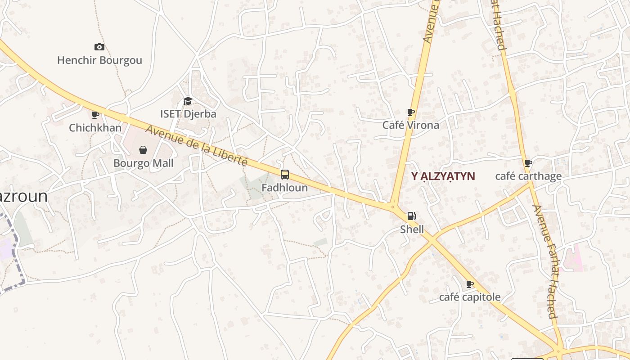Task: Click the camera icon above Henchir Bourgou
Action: [99, 47]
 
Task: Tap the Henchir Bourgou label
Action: [99, 60]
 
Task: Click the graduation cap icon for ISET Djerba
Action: [188, 101]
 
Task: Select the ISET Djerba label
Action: [188, 114]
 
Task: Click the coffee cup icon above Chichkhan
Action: [95, 115]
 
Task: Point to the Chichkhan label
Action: [95, 128]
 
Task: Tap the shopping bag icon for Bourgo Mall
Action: [143, 149]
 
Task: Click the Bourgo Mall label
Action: [143, 163]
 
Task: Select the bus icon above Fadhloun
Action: [284, 175]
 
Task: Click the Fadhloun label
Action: [284, 188]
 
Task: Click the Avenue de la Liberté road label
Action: [197, 145]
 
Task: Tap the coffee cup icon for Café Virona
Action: [410, 112]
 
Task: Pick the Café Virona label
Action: [410, 125]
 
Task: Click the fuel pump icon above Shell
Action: [411, 216]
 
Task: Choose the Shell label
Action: [412, 229]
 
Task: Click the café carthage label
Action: [528, 176]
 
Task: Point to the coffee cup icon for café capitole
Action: [470, 284]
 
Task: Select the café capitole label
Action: [469, 297]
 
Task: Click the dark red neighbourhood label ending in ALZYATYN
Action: [443, 176]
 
